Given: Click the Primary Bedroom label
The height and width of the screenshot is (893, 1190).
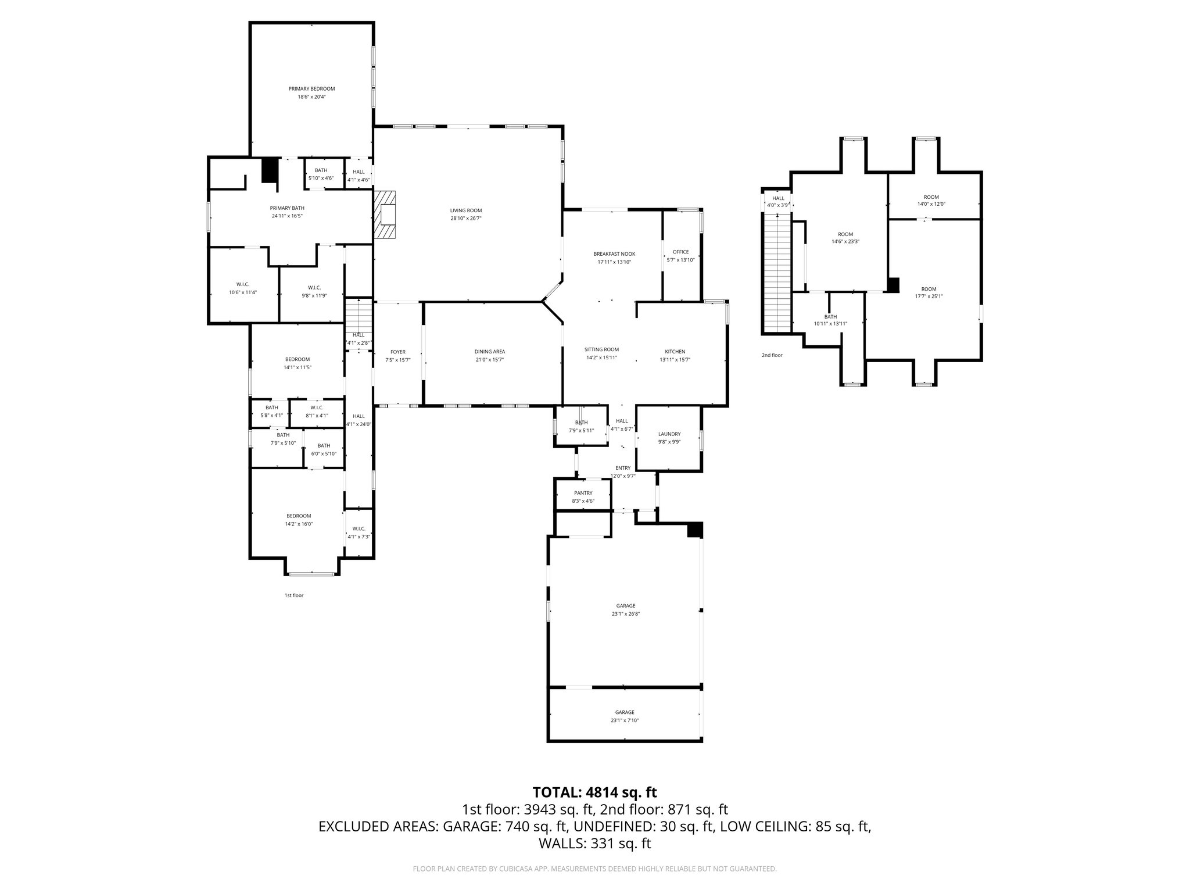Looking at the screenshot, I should pyautogui.click(x=311, y=89).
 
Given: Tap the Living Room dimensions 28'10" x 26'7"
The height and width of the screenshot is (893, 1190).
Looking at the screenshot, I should pyautogui.click(x=466, y=219).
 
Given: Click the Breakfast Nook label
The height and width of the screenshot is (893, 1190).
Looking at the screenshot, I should pyautogui.click(x=614, y=254).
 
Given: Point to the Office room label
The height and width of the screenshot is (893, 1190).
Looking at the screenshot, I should pyautogui.click(x=680, y=252).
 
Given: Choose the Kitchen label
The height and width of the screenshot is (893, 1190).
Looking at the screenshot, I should pyautogui.click(x=675, y=351).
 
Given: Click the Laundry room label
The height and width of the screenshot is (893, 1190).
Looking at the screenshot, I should pyautogui.click(x=669, y=434).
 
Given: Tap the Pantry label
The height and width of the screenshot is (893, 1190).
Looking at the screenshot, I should pyautogui.click(x=583, y=493).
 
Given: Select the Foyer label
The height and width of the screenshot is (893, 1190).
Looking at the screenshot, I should pyautogui.click(x=397, y=352).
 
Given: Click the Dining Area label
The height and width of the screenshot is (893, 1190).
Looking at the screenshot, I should pyautogui.click(x=490, y=351).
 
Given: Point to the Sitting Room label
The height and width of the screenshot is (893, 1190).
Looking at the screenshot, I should pyautogui.click(x=601, y=349).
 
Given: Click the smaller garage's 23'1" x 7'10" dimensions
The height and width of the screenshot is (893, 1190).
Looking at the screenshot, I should pyautogui.click(x=625, y=720).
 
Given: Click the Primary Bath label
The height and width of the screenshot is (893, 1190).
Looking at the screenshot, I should pyautogui.click(x=286, y=208).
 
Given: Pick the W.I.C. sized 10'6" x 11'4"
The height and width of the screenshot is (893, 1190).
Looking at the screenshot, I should pyautogui.click(x=243, y=288).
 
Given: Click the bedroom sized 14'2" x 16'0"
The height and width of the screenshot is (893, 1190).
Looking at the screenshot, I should pyautogui.click(x=299, y=520).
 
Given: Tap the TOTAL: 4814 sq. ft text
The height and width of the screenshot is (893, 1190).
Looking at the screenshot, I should pyautogui.click(x=594, y=792).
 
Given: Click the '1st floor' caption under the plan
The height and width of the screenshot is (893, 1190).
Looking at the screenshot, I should pyautogui.click(x=293, y=595).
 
